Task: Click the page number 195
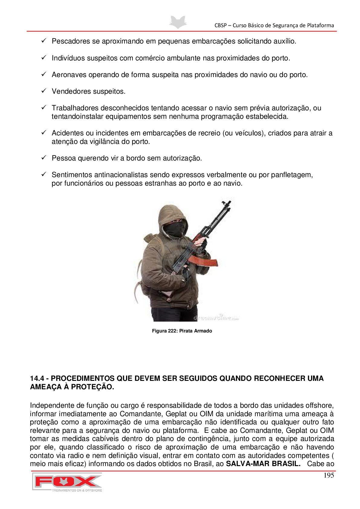tap(329, 475)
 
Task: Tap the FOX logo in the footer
tap(67, 482)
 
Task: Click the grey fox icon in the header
tap(178, 22)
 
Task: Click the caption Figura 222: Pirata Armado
tap(182, 331)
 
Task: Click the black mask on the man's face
tap(174, 229)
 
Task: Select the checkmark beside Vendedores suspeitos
tap(44, 91)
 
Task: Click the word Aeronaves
tap(69, 75)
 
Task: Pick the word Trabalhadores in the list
tap(75, 108)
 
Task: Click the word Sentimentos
tap(72, 175)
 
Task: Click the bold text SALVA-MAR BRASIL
tap(263, 464)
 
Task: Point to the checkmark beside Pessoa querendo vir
tap(44, 157)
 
